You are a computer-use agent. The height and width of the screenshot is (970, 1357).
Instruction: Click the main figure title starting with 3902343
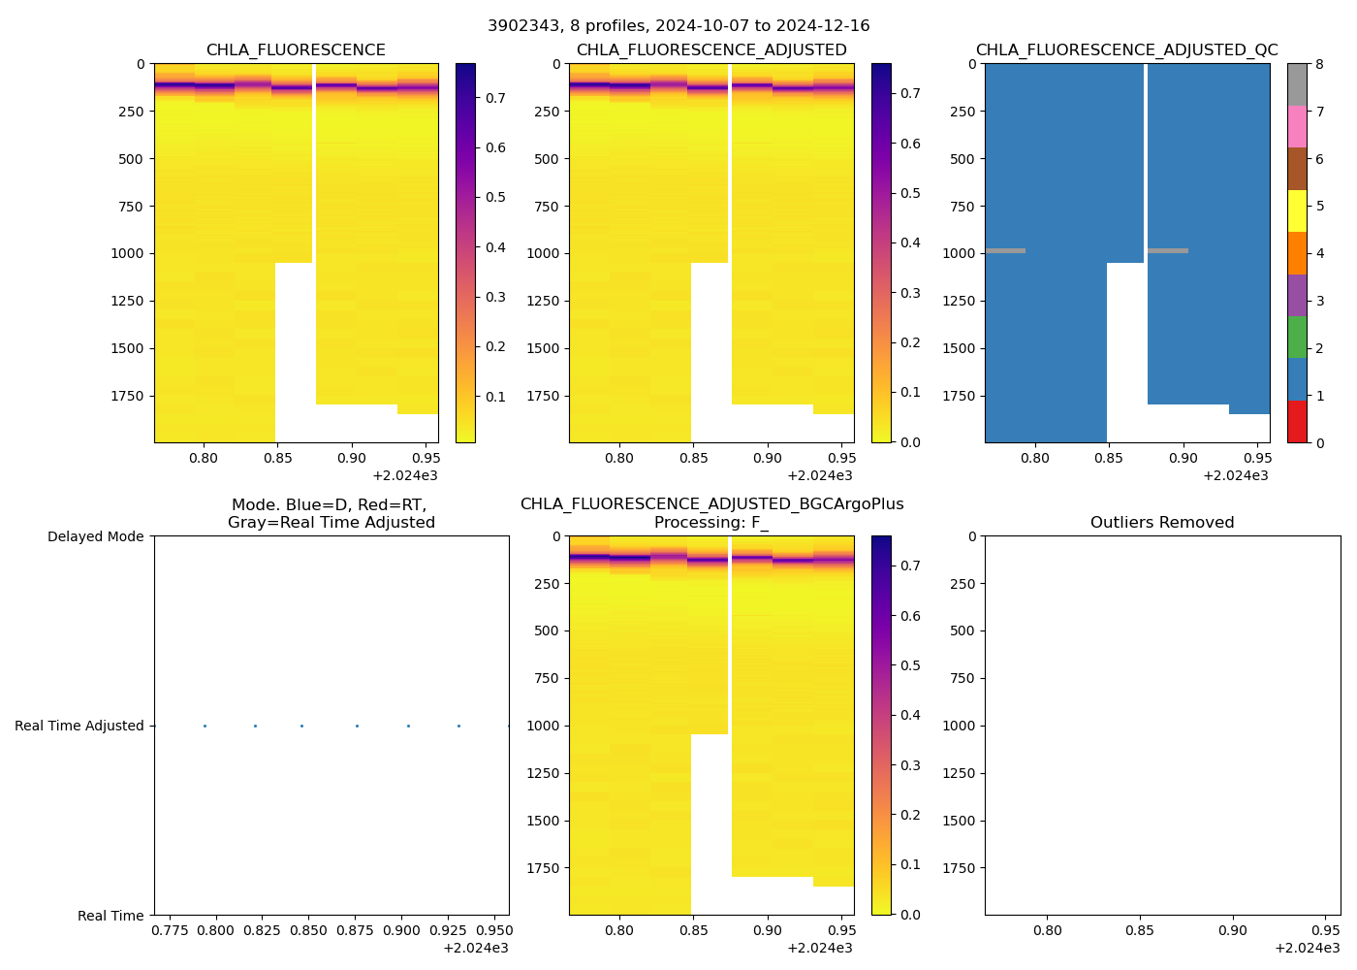(678, 26)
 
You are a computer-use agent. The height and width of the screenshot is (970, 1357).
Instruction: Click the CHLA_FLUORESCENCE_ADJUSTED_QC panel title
(1126, 50)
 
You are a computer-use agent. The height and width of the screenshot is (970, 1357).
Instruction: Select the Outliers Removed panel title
(1161, 523)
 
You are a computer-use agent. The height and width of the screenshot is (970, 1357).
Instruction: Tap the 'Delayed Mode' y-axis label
(95, 537)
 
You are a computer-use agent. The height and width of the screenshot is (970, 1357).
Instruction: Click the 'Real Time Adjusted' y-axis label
(79, 727)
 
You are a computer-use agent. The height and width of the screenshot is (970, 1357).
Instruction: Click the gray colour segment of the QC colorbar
(1297, 84)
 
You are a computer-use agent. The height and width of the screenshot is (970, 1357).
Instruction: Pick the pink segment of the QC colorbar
(1297, 127)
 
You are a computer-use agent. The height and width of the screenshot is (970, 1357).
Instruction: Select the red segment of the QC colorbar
(1297, 422)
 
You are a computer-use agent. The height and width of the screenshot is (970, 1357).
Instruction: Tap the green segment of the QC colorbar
(1297, 338)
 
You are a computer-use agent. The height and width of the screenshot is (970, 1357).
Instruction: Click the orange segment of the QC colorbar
(1297, 253)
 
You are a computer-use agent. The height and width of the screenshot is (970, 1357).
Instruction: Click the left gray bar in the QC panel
(1005, 251)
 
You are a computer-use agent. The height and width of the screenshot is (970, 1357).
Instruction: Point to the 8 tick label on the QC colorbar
(1319, 64)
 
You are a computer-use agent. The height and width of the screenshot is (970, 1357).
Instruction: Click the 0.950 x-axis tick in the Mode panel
(494, 930)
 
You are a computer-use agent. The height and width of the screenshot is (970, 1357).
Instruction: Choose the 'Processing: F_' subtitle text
(711, 523)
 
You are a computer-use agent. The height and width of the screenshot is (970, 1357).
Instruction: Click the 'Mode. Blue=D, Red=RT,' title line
(330, 505)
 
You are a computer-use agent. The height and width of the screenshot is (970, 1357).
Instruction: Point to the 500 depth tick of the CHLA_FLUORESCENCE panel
(131, 159)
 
